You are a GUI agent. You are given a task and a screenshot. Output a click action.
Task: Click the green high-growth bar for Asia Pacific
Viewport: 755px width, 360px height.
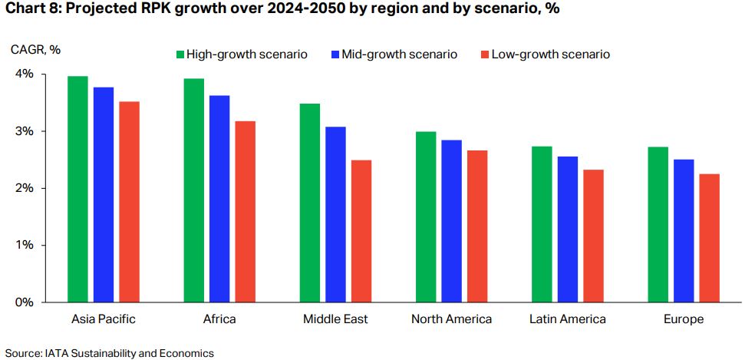click(77, 189)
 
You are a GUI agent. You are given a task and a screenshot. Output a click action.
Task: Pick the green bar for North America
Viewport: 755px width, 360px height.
click(426, 216)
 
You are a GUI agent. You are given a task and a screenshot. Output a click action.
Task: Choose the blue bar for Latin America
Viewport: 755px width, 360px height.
click(567, 229)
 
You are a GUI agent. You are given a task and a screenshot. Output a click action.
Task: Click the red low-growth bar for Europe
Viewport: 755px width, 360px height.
click(709, 237)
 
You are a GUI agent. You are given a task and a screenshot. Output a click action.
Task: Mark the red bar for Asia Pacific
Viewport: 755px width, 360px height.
click(129, 201)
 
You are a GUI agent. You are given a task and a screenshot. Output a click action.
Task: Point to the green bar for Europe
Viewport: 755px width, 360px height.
click(658, 224)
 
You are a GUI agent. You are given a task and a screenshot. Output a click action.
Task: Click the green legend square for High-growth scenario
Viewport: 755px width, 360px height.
click(180, 54)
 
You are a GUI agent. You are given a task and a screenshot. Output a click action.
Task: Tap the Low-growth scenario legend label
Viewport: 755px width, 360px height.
click(550, 54)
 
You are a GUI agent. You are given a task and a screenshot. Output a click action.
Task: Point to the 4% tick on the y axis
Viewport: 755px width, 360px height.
click(24, 74)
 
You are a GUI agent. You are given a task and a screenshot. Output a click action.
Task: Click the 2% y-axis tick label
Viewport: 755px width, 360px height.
click(24, 188)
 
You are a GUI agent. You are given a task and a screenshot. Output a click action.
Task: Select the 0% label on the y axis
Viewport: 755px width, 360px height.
click(24, 302)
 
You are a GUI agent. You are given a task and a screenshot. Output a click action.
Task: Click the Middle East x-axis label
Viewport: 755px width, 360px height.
click(335, 319)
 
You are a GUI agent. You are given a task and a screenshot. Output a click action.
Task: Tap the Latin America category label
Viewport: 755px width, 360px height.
click(567, 319)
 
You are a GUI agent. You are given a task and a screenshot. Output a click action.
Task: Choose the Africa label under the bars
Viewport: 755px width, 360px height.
click(219, 319)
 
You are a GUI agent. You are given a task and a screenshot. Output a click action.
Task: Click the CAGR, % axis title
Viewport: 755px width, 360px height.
click(35, 50)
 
